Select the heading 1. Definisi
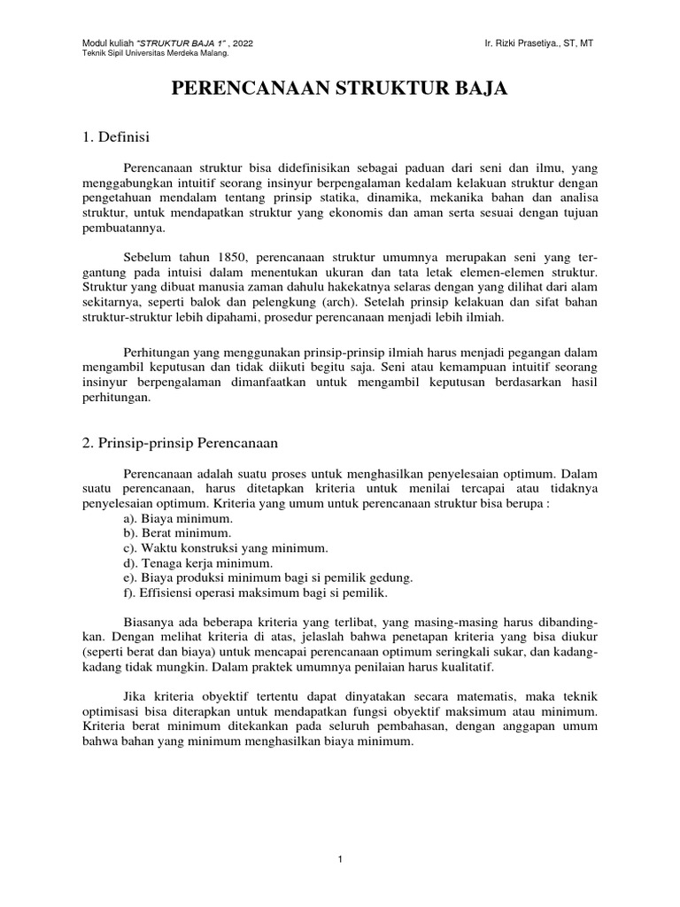click(115, 137)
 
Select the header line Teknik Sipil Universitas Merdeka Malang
click(155, 54)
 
